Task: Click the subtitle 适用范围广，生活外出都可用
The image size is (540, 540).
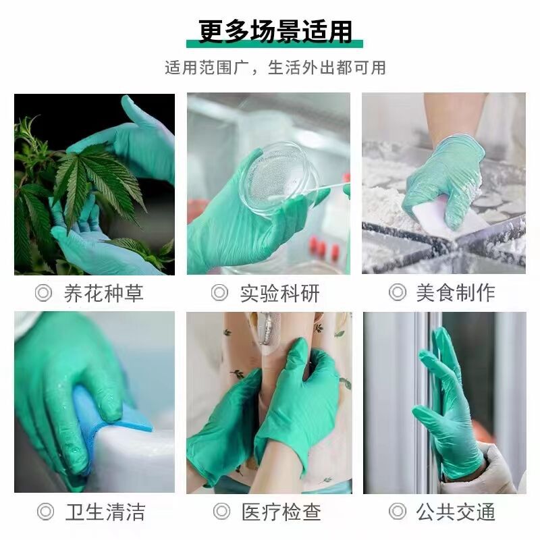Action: coord(275,68)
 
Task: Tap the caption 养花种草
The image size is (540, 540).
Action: coord(103,294)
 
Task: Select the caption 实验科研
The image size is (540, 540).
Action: coord(279,294)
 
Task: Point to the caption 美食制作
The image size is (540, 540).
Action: coord(455,293)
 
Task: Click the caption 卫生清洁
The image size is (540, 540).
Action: coord(105,512)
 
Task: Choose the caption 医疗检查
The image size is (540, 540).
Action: coord(280,512)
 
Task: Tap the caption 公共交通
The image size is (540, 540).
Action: coord(455,512)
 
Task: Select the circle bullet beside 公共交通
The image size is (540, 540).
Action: coord(397,512)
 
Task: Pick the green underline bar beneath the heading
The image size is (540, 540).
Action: coord(275,45)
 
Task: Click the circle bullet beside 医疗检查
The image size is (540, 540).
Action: coord(221,512)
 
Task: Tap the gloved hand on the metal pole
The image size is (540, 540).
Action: coord(446,405)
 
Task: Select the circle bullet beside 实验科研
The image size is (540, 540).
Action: coord(219,293)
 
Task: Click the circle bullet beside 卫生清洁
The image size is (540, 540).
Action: coord(45,512)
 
